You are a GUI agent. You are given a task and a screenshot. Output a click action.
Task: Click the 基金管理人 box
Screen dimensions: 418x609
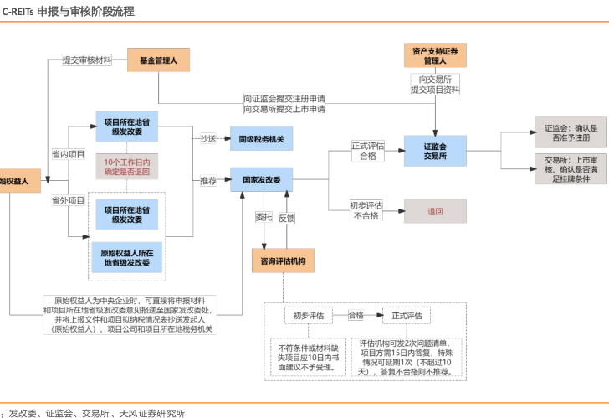pyautogui.click(x=159, y=59)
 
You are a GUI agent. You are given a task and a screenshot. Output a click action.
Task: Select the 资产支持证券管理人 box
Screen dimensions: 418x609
pyautogui.click(x=435, y=56)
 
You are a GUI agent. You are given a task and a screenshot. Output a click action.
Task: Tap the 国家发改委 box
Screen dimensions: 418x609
pyautogui.click(x=261, y=180)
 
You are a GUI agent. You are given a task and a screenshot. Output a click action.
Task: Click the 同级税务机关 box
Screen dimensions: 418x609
pyautogui.click(x=261, y=139)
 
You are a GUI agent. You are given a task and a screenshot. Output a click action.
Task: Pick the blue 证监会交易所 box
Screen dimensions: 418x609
pyautogui.click(x=435, y=151)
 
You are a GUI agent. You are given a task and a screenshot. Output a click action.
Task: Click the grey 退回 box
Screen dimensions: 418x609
pyautogui.click(x=435, y=211)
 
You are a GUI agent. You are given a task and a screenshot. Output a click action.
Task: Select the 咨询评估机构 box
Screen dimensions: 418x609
pyautogui.click(x=284, y=261)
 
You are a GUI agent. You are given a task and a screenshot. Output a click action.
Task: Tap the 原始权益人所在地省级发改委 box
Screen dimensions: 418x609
pyautogui.click(x=126, y=257)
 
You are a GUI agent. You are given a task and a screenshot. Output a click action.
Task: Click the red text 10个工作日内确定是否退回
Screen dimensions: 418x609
pyautogui.click(x=127, y=166)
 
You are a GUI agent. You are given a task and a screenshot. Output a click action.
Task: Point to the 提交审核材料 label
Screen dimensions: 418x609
pyautogui.click(x=87, y=60)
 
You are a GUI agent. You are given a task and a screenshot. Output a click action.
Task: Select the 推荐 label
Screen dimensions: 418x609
pyautogui.click(x=208, y=180)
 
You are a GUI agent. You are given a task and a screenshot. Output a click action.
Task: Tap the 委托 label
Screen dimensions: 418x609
pyautogui.click(x=264, y=217)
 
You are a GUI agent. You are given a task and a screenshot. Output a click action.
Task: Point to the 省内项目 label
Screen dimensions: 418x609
pyautogui.click(x=69, y=154)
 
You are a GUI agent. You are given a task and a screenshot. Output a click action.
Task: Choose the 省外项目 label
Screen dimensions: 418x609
pyautogui.click(x=69, y=201)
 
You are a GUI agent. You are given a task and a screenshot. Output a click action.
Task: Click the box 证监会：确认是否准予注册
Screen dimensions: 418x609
pyautogui.click(x=571, y=132)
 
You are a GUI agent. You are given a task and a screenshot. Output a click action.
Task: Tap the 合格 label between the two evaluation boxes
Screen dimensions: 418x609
pyautogui.click(x=356, y=315)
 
